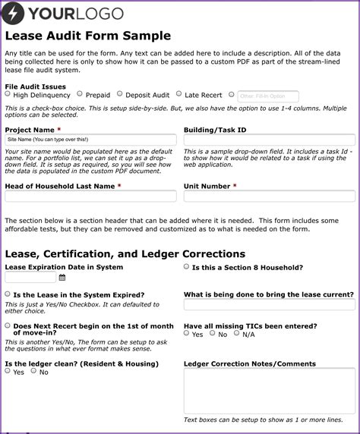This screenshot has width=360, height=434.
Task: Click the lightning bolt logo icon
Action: coord(15,13)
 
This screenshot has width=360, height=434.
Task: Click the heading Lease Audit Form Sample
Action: coord(87,36)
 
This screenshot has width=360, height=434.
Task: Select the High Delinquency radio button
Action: coord(8,95)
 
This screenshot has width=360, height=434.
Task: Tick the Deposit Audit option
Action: coord(118,95)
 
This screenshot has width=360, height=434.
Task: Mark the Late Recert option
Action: coord(178,94)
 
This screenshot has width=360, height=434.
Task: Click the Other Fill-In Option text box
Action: coord(267,96)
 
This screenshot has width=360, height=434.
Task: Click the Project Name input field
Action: coord(90,140)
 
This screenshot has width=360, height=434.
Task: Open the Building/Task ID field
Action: coord(269,140)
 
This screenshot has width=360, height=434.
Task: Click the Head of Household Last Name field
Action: coord(90,197)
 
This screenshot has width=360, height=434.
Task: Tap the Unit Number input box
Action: coord(269,197)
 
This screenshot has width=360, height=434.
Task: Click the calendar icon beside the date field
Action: coord(62,278)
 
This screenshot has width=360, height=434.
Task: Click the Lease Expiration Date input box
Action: coord(30,278)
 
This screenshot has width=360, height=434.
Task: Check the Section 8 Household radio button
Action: coord(187,267)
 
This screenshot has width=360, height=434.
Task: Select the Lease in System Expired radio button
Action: coord(8,294)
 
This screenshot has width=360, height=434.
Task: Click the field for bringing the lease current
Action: coord(269,305)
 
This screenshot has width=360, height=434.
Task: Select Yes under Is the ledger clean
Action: coord(8,371)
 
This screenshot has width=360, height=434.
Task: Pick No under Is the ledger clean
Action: coord(33,371)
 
